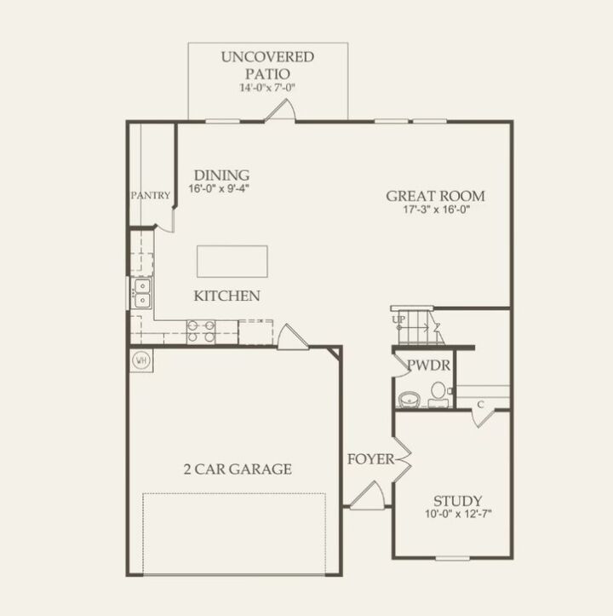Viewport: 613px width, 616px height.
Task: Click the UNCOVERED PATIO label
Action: [x=267, y=65]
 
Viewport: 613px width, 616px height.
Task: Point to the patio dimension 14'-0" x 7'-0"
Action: [x=267, y=87]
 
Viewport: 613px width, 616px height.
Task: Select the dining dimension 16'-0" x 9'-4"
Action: [x=221, y=188]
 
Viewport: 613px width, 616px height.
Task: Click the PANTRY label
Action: [x=151, y=195]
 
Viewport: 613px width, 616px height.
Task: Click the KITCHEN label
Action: [x=226, y=296]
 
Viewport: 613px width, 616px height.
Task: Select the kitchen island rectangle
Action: [x=232, y=261]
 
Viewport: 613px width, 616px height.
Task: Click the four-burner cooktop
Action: [x=201, y=331]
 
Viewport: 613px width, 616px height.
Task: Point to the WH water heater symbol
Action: [x=140, y=360]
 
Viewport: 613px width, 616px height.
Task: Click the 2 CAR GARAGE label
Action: [x=238, y=469]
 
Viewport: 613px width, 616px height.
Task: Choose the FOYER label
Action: [x=370, y=460]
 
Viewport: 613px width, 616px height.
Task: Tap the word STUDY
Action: [x=458, y=500]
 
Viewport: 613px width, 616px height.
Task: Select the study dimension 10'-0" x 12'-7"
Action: [x=458, y=514]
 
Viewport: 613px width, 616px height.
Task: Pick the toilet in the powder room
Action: [x=438, y=393]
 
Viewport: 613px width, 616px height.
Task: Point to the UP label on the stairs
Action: [x=398, y=320]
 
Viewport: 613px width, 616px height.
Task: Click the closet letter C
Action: [x=481, y=404]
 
